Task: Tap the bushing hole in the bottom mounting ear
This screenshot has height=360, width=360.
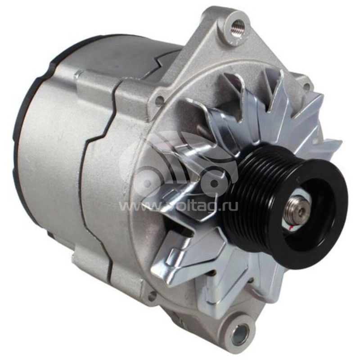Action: pyautogui.click(x=239, y=333)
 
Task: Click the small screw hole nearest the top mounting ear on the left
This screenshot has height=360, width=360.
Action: pyautogui.click(x=158, y=101)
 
